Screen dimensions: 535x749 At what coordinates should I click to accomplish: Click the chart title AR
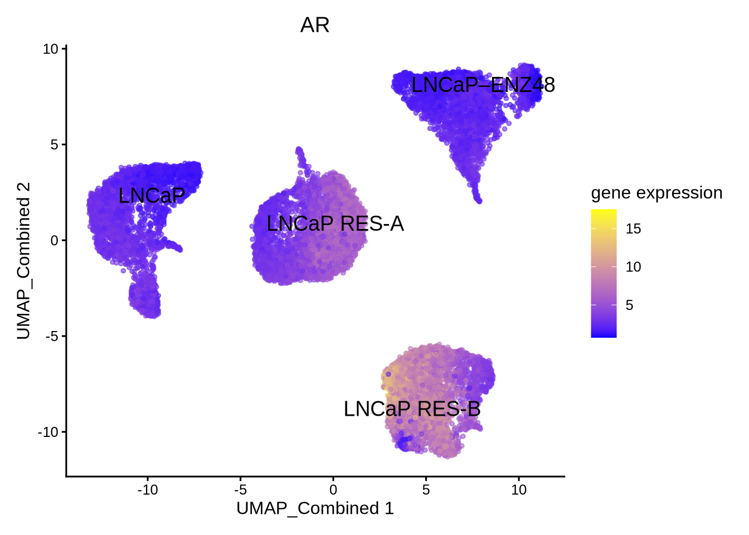[315, 26]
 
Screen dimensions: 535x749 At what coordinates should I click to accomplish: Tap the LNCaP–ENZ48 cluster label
[483, 85]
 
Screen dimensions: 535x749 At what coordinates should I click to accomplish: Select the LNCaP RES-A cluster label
[335, 224]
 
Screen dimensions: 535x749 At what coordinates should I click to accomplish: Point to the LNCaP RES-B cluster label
[412, 409]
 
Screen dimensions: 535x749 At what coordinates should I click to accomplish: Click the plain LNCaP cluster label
[152, 196]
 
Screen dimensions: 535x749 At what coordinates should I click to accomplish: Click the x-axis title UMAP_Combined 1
[315, 508]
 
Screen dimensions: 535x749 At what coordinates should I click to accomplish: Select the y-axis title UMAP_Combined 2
[23, 260]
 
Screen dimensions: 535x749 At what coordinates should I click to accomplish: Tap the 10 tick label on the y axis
[50, 49]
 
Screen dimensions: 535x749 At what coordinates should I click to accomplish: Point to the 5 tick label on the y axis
[54, 145]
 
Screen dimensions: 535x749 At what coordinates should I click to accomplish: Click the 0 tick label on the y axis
[54, 241]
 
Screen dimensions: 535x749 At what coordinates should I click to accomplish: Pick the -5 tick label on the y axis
[52, 337]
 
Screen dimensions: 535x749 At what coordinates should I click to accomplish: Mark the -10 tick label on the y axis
[48, 432]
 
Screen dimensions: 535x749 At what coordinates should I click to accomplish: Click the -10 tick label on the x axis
[147, 490]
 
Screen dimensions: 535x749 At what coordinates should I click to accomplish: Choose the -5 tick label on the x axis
[240, 490]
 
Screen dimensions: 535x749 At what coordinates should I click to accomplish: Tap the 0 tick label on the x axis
[333, 490]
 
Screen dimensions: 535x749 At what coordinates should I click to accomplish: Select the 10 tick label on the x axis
[519, 490]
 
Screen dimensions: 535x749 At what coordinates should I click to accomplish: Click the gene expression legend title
[656, 193]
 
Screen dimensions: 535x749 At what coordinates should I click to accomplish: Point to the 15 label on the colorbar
[633, 228]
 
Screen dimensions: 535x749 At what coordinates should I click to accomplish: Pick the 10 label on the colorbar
[633, 267]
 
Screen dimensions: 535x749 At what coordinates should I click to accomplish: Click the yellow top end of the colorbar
[604, 212]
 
